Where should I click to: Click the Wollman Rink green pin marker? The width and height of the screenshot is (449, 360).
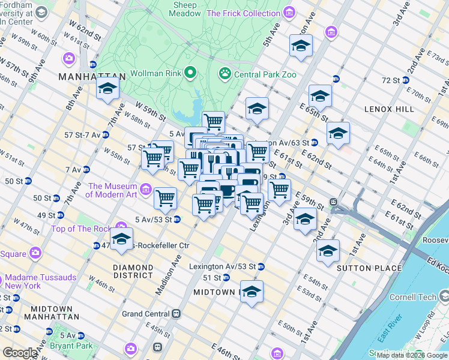(191, 73)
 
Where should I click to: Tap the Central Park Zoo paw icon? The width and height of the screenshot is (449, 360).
(225, 74)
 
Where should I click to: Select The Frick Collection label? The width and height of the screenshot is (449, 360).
(243, 13)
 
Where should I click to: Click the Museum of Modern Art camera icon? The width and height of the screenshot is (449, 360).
(146, 191)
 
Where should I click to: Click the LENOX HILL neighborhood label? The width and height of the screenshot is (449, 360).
(389, 109)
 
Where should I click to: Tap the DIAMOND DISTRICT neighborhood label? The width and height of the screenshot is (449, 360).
(133, 271)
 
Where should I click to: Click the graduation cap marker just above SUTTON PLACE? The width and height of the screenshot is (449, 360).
(328, 251)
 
